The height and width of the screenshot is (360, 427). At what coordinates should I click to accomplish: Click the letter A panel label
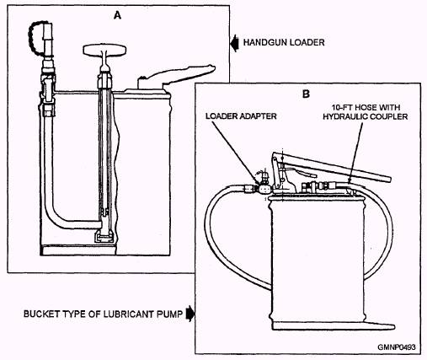[117, 15]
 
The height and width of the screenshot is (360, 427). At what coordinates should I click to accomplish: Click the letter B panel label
[306, 94]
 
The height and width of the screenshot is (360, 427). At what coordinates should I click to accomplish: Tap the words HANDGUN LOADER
[284, 43]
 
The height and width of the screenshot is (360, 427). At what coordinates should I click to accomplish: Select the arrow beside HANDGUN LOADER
[234, 43]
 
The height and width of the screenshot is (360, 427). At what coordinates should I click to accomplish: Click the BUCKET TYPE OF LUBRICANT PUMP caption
[103, 314]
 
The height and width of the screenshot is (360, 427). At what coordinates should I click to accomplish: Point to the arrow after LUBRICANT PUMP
[190, 314]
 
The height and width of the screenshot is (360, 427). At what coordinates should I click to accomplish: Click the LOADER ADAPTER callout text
[241, 116]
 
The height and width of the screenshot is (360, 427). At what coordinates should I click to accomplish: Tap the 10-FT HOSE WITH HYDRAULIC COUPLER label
[366, 112]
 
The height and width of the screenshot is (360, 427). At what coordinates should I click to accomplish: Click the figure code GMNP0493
[397, 347]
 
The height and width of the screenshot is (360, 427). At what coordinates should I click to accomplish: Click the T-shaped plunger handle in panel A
[104, 50]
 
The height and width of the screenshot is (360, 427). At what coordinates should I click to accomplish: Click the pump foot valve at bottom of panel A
[104, 234]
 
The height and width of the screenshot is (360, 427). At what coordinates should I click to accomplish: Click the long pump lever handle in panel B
[331, 167]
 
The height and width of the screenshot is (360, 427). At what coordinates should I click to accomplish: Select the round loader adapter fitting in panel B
[264, 189]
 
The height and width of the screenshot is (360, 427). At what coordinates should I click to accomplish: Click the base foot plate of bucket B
[334, 326]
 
